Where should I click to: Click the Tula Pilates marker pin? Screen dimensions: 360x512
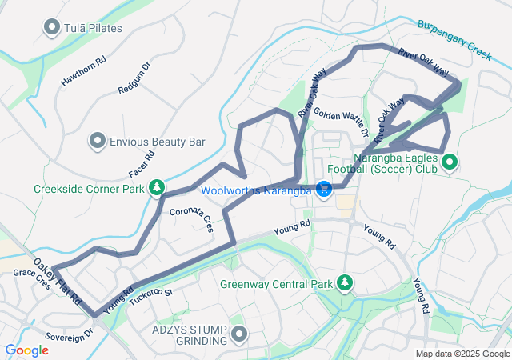pyautogui.click(x=53, y=29)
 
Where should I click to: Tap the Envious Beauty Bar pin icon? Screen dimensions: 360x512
pyautogui.click(x=98, y=142)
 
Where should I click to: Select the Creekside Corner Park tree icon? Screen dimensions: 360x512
pyautogui.click(x=158, y=188)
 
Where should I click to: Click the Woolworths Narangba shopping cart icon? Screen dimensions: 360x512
pyautogui.click(x=324, y=190)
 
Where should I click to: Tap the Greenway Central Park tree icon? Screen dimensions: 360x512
pyautogui.click(x=345, y=283)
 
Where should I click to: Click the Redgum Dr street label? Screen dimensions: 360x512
pyautogui.click(x=134, y=78)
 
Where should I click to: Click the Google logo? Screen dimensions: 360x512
pyautogui.click(x=26, y=350)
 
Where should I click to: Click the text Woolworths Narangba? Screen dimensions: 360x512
pyautogui.click(x=256, y=190)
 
